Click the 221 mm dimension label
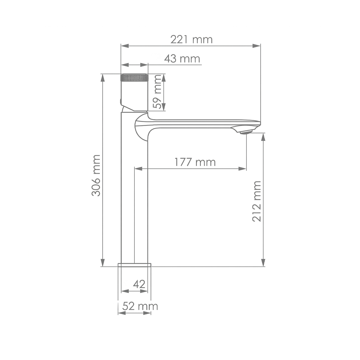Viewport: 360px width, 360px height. coord(191,40)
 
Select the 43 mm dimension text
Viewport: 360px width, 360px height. coord(182,59)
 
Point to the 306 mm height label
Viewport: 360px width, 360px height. coord(96,176)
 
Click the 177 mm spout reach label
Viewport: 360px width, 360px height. coord(195,162)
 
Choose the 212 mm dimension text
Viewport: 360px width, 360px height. coord(257,201)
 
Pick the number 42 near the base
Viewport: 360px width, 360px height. coord(139,284)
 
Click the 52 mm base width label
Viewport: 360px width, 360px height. coord(140,306)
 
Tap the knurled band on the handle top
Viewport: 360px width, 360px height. coord(134,78)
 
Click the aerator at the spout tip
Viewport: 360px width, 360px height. coord(246,132)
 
